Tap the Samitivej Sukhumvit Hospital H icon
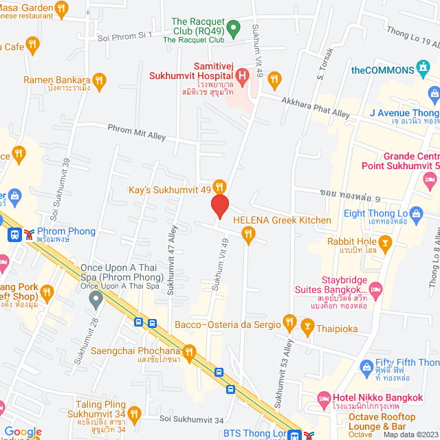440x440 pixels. coord(242,73)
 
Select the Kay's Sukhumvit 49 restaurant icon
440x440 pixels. coord(219,186)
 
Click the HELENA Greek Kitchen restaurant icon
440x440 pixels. coord(248,235)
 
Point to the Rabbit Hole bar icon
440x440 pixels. coord(386,241)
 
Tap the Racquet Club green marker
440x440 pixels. coord(233,28)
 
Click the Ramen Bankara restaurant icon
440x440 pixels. coord(99,80)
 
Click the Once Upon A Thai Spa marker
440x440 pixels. coord(96,299)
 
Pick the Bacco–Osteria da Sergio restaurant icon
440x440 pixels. coord(289,322)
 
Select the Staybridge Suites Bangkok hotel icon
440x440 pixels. coord(375,289)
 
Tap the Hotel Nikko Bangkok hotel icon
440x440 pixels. coord(323,398)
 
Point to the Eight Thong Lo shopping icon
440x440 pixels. coord(415,213)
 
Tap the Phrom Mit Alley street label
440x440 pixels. coord(136,132)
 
